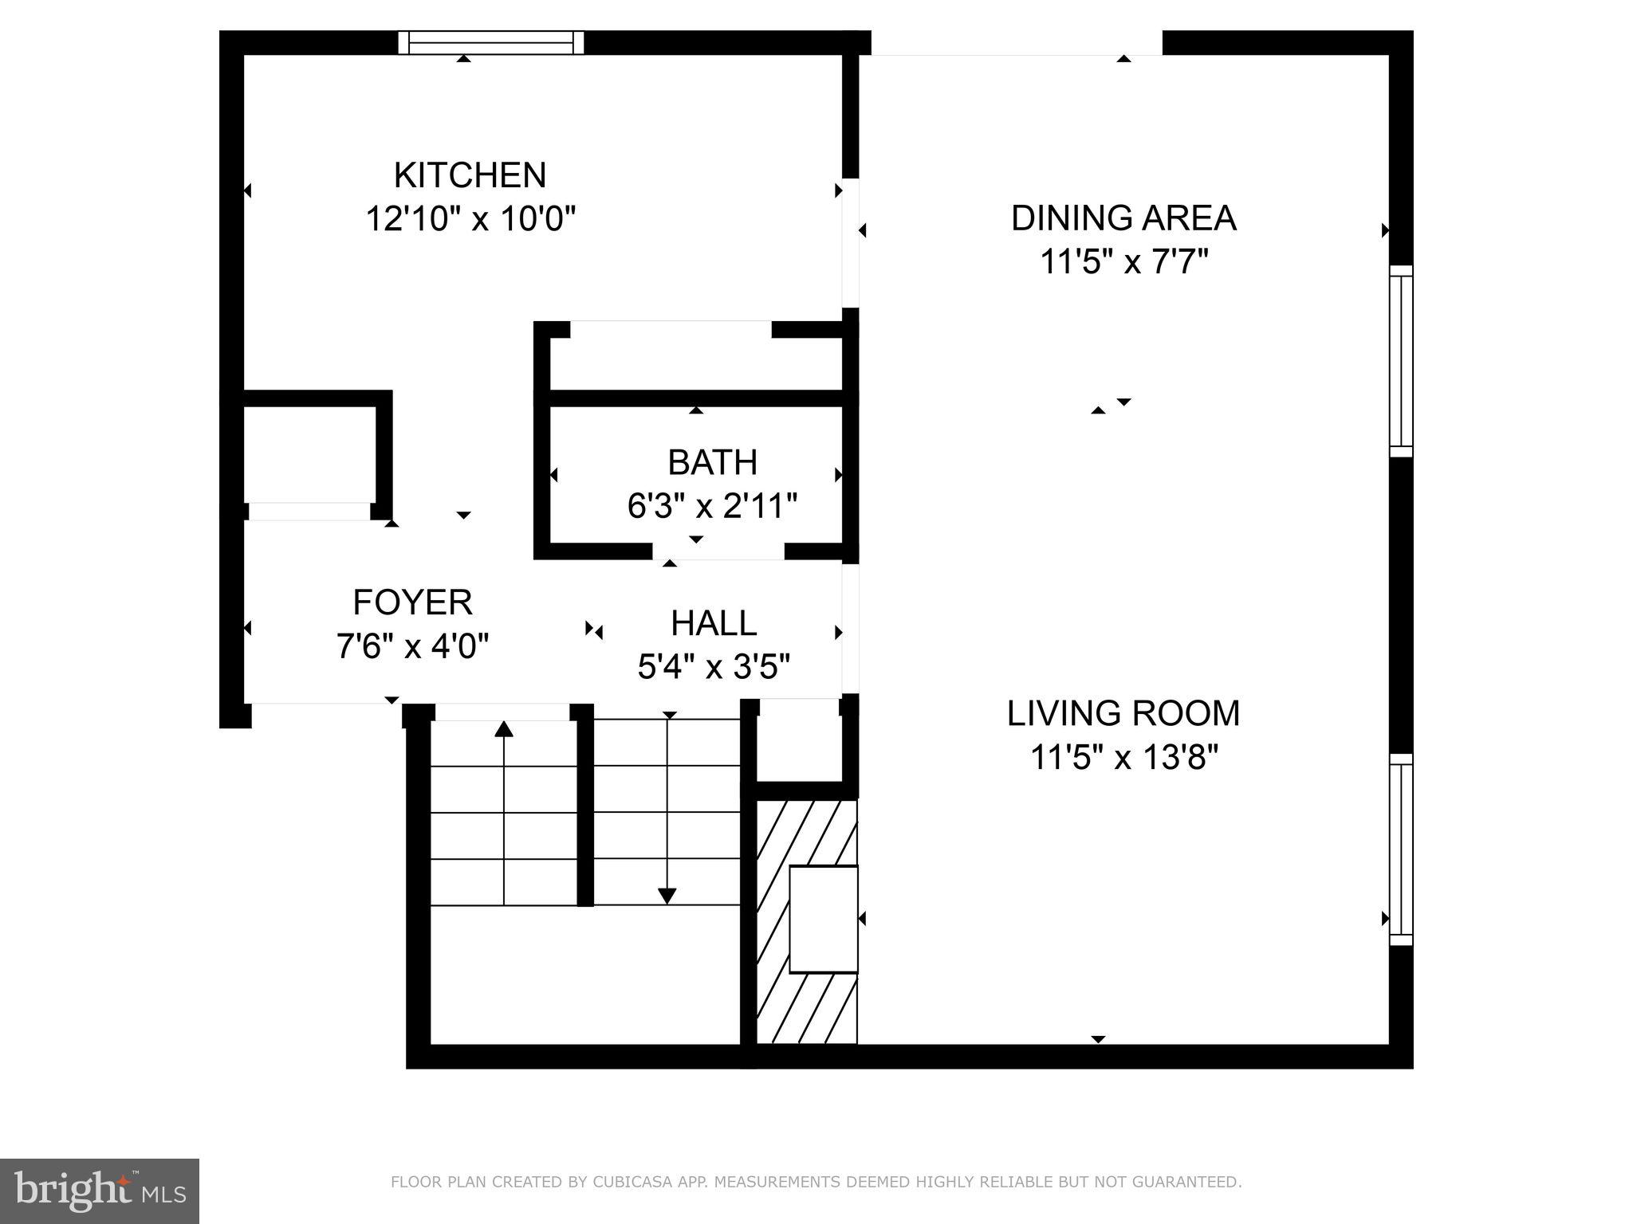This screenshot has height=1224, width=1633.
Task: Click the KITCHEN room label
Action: (470, 175)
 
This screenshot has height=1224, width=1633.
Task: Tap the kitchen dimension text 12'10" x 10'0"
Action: (470, 218)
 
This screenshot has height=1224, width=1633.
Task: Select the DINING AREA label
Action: (1123, 218)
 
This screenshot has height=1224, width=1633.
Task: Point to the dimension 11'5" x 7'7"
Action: (1123, 261)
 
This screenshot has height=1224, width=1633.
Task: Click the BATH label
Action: (712, 462)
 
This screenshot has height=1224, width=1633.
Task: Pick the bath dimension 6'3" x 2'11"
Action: (712, 505)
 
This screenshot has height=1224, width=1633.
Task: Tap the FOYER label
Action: (412, 602)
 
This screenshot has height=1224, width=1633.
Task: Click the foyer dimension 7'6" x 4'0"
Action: (412, 645)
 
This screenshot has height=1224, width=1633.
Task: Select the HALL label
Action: (713, 623)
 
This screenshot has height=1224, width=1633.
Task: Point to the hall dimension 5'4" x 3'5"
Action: (713, 666)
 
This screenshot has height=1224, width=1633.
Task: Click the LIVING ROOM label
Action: (1123, 713)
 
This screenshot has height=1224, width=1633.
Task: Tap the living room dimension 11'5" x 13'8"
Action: (1123, 757)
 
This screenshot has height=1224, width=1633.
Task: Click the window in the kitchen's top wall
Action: (491, 42)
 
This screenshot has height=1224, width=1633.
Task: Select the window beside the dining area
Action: (1401, 361)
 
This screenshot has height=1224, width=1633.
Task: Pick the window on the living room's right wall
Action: (1401, 849)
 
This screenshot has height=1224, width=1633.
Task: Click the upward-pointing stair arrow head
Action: (503, 728)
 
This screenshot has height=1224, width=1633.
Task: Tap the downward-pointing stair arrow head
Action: (667, 896)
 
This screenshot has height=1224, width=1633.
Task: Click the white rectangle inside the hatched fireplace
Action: (823, 919)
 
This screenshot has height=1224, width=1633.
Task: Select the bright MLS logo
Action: (99, 1191)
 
